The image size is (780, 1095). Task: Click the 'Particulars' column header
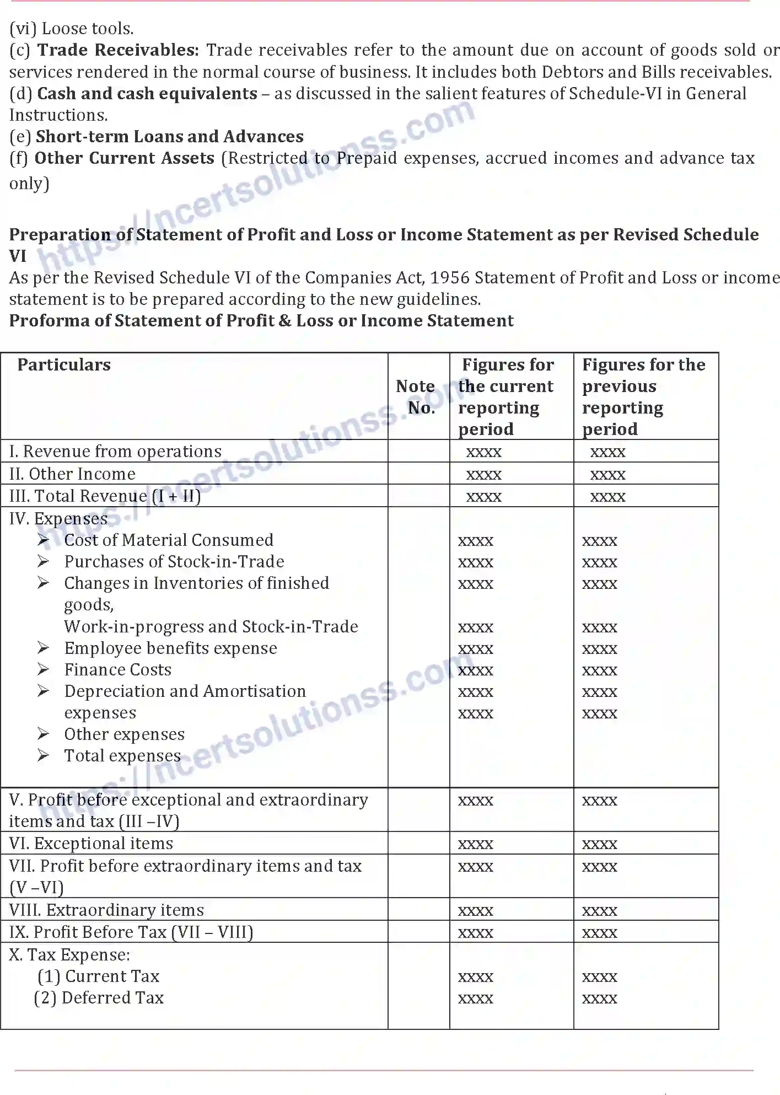click(x=64, y=365)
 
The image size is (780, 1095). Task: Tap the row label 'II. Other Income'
click(x=72, y=474)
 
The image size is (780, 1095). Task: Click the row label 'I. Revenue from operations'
click(x=115, y=452)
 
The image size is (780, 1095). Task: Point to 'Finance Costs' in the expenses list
click(x=117, y=670)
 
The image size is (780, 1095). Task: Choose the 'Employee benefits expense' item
click(x=170, y=648)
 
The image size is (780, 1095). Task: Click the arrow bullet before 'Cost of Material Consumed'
click(x=44, y=540)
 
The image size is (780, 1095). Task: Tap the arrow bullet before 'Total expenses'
click(x=44, y=755)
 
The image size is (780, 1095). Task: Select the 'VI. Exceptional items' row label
click(x=91, y=844)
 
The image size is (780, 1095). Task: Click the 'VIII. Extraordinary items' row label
click(x=106, y=910)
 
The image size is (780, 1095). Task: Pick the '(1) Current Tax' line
click(x=99, y=976)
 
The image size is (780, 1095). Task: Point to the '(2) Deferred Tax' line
click(x=99, y=998)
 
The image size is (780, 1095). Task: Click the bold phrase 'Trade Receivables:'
click(x=118, y=50)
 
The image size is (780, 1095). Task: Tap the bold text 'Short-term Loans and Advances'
click(x=170, y=137)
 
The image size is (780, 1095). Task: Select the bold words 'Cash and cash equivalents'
click(x=147, y=94)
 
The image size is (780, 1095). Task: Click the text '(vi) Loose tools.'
click(x=72, y=29)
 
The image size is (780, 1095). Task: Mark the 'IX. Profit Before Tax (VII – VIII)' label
click(x=131, y=932)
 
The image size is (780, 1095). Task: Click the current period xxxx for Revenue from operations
click(x=484, y=453)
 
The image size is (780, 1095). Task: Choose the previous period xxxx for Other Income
click(x=608, y=475)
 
